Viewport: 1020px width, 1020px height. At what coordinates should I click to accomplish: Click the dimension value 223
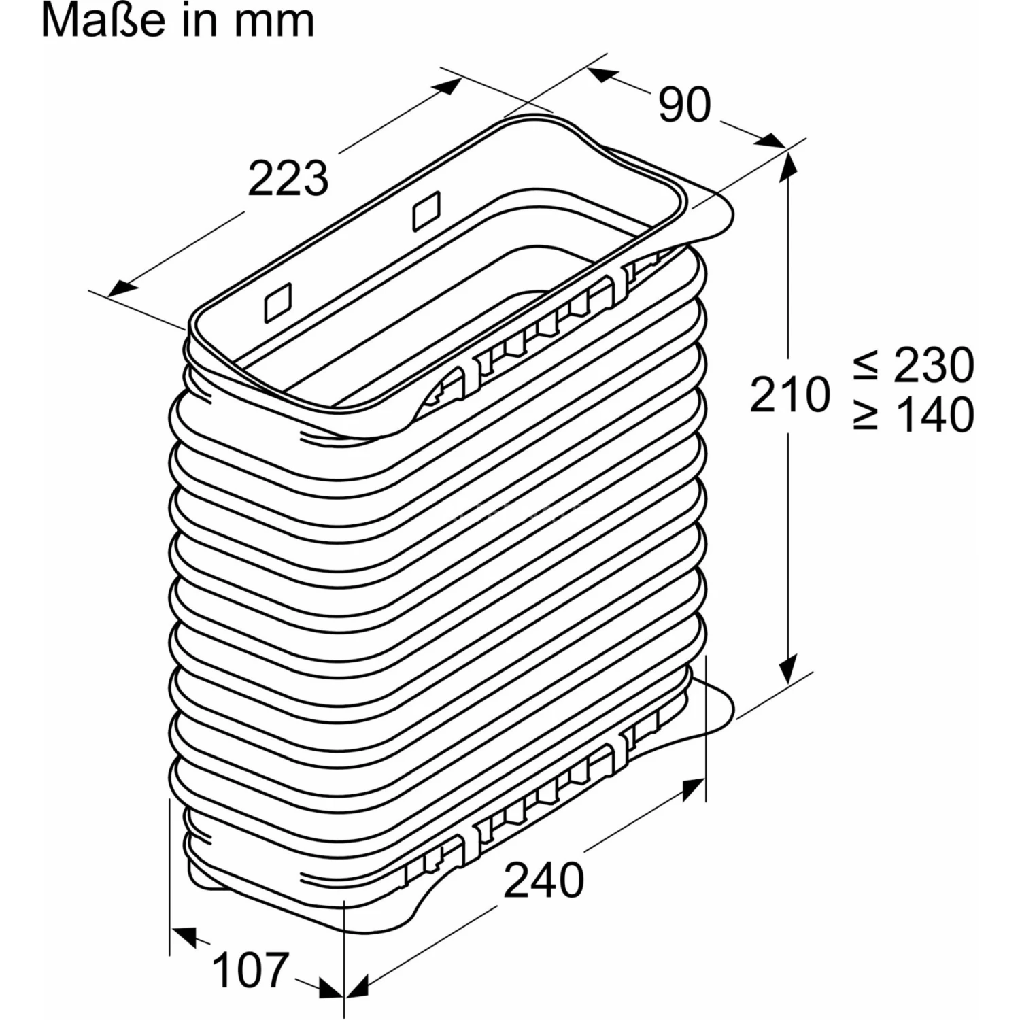(288, 178)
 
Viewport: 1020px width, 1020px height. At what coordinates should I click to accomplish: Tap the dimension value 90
(685, 105)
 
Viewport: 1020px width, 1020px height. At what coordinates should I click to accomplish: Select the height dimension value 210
(790, 394)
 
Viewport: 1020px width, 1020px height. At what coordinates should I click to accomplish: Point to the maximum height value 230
(934, 365)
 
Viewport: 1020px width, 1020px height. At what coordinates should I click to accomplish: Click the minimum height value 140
(934, 414)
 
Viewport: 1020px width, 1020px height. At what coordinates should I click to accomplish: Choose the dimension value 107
(250, 970)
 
